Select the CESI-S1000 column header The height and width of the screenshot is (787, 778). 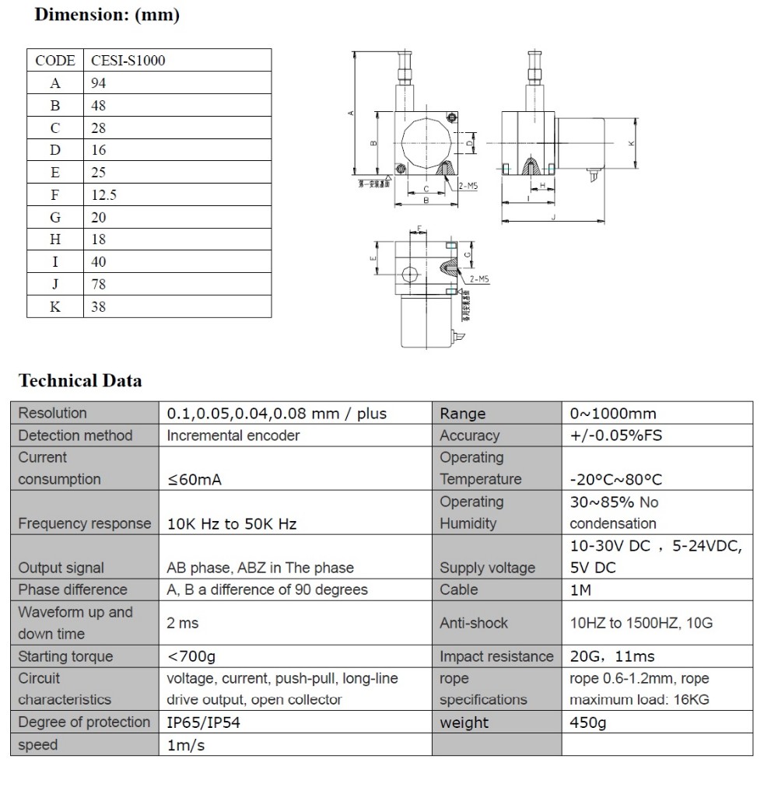128,61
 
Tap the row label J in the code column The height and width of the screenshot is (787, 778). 55,285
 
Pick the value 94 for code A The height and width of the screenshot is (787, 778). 98,83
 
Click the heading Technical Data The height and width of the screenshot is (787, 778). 80,381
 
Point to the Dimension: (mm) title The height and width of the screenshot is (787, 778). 107,16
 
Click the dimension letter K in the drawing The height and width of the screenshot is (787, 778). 632,143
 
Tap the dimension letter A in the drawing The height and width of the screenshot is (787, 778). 351,114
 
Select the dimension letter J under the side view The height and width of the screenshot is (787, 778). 553,219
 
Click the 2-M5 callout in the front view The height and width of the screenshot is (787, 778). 468,187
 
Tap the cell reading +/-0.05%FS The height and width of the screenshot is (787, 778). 615,435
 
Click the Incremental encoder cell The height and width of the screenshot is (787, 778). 233,435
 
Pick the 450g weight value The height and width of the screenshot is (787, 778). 587,722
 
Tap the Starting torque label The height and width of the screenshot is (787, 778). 65,656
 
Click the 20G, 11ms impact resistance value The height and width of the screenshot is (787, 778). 612,656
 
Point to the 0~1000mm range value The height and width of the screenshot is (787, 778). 612,414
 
